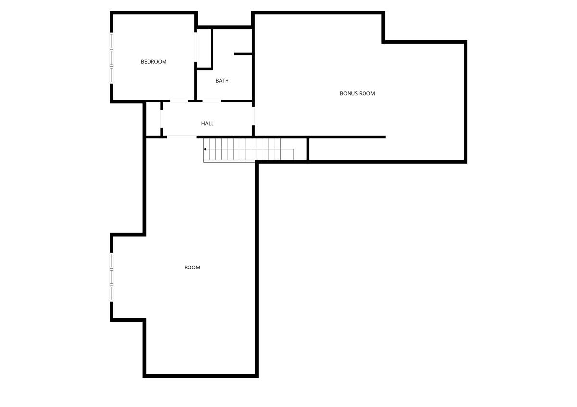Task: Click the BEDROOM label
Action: tap(153, 62)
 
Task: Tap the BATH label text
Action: tap(222, 81)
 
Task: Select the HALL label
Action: tap(207, 124)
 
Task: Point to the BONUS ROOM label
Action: tap(357, 93)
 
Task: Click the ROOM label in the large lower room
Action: tap(192, 267)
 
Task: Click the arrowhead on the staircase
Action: tap(205, 149)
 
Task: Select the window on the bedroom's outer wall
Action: tap(112, 58)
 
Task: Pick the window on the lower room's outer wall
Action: tap(112, 277)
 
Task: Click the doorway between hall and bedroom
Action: tap(179, 101)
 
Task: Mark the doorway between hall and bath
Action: tap(212, 101)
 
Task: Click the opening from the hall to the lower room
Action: tap(182, 137)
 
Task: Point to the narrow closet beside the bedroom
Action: tap(204, 48)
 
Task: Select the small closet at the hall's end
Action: tap(153, 119)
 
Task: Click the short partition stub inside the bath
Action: tap(243, 54)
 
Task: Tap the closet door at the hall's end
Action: tap(162, 119)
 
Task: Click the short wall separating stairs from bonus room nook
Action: tap(308, 149)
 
